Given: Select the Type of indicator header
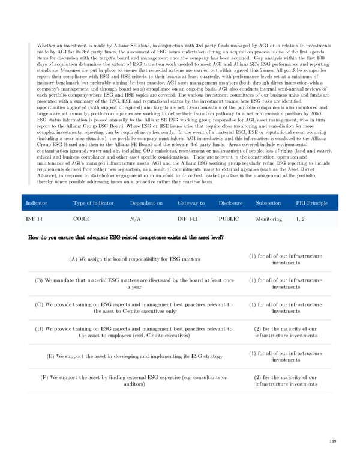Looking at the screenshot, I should click(93, 204).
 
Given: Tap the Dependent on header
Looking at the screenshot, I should click(146, 204).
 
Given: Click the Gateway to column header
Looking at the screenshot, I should click(191, 204).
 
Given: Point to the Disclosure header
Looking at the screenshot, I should click(231, 204).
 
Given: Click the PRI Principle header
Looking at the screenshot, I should click(312, 204).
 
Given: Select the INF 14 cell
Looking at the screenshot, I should click(34, 219).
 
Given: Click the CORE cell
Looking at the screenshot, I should click(82, 219).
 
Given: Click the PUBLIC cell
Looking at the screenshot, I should click(229, 219).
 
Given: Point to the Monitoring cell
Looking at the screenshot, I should click(269, 219).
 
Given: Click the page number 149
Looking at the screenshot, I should click(332, 442).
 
